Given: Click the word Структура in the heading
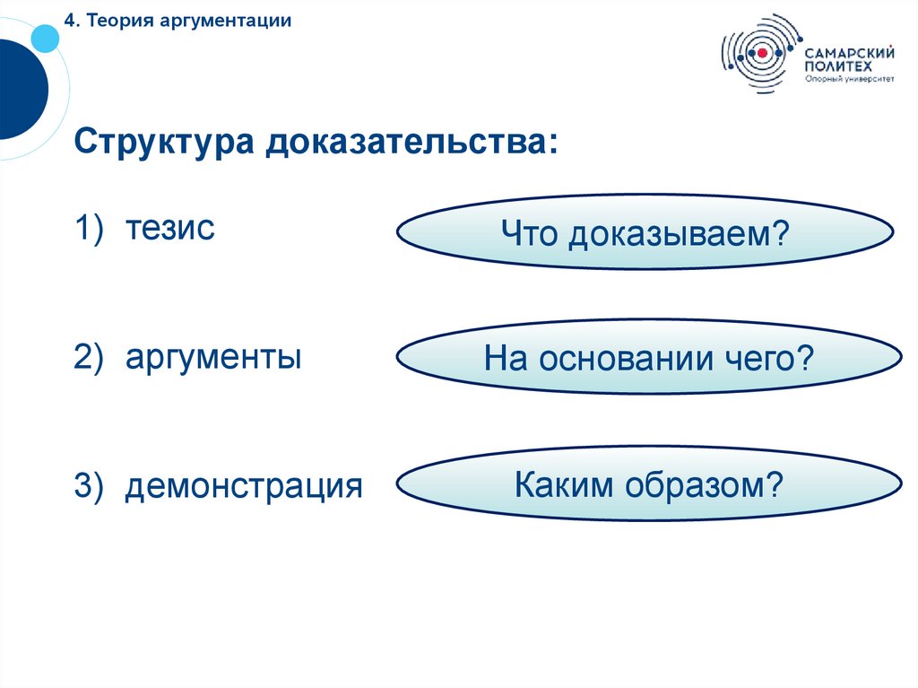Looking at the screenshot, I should coord(162,143).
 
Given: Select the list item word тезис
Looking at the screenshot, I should coord(169,228).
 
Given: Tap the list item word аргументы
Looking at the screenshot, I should coord(213,358).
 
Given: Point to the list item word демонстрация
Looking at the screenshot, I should coord(244,487).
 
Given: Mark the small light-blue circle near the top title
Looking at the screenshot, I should coord(44,37).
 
